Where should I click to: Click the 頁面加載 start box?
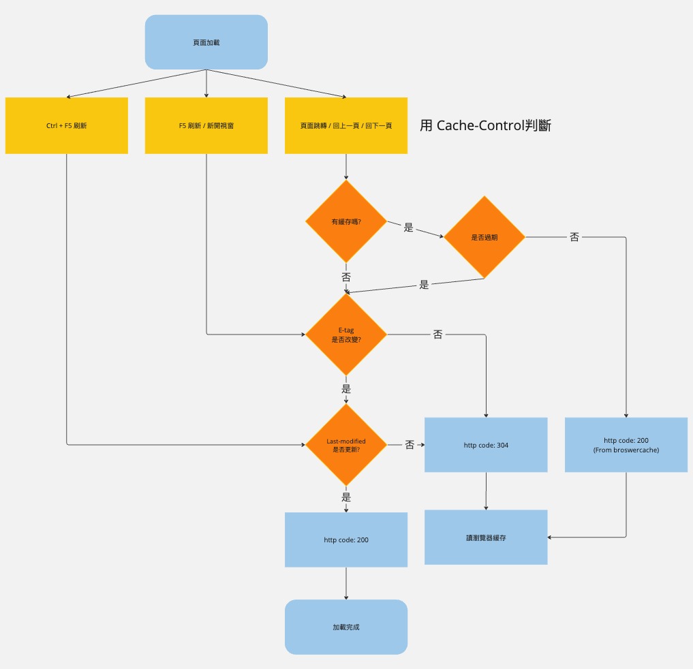[206, 42]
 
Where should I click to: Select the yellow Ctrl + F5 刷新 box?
[67, 126]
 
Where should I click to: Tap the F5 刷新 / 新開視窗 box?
[206, 126]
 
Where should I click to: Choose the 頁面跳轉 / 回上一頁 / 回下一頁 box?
[346, 126]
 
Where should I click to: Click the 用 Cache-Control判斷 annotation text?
[485, 125]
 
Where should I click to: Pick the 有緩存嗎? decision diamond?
[346, 221]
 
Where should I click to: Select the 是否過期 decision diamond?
[484, 237]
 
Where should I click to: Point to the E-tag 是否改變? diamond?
[346, 334]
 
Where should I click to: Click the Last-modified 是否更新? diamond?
[346, 445]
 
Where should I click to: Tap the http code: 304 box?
[486, 445]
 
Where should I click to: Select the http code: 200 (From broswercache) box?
[626, 445]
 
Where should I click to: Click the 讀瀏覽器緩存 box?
[486, 538]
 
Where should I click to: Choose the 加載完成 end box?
[346, 627]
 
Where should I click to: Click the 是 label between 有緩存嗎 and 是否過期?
[409, 228]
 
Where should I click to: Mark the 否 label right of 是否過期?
[574, 237]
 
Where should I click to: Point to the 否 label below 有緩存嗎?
[346, 277]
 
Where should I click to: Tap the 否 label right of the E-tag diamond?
[437, 334]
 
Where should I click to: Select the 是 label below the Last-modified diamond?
[346, 497]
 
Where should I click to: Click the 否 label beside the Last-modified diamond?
[410, 445]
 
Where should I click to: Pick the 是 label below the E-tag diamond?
[346, 389]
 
